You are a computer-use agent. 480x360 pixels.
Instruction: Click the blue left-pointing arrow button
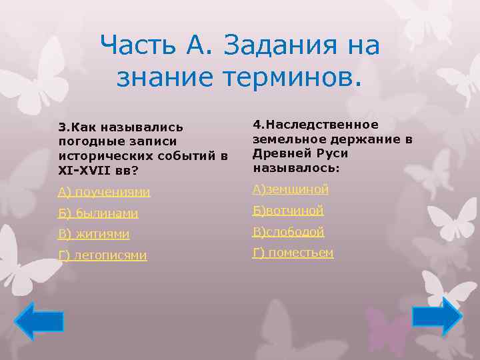(x=39, y=321)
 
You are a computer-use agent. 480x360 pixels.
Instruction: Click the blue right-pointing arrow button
(x=437, y=316)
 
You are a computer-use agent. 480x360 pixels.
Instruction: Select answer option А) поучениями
(x=103, y=192)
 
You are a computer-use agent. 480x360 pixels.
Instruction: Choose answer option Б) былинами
(x=98, y=213)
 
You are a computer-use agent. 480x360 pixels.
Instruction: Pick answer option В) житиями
(x=93, y=234)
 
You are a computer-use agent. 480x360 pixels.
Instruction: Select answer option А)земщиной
(x=290, y=190)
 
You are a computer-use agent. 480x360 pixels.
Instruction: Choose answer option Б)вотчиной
(x=287, y=211)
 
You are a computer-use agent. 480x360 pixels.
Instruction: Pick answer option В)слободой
(x=288, y=232)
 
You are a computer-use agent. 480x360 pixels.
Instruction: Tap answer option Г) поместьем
(x=293, y=253)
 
